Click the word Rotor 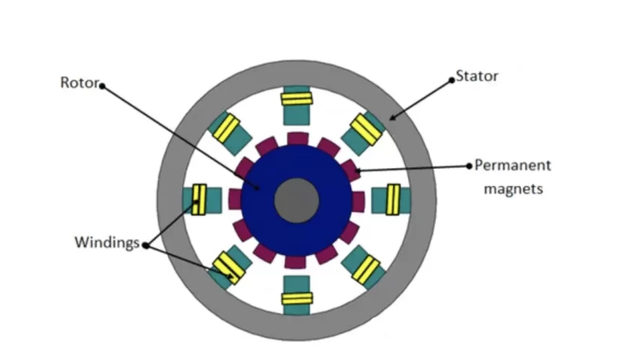[x=79, y=82]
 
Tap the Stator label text [x=477, y=76]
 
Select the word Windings [x=107, y=242]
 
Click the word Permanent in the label [x=513, y=165]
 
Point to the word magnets [x=513, y=188]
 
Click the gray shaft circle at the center [x=296, y=200]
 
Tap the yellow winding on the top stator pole [x=297, y=99]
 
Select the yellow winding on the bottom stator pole [x=297, y=298]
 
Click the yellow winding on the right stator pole [x=393, y=199]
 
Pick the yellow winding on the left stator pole [x=199, y=199]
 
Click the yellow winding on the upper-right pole [x=366, y=130]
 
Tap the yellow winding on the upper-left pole [x=226, y=128]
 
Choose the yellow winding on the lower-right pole [x=366, y=269]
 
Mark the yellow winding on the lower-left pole [x=229, y=268]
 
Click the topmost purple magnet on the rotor [x=298, y=139]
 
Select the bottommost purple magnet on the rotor [x=295, y=262]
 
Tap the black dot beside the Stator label [x=451, y=80]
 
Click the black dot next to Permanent [x=469, y=166]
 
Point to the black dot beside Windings [x=145, y=245]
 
